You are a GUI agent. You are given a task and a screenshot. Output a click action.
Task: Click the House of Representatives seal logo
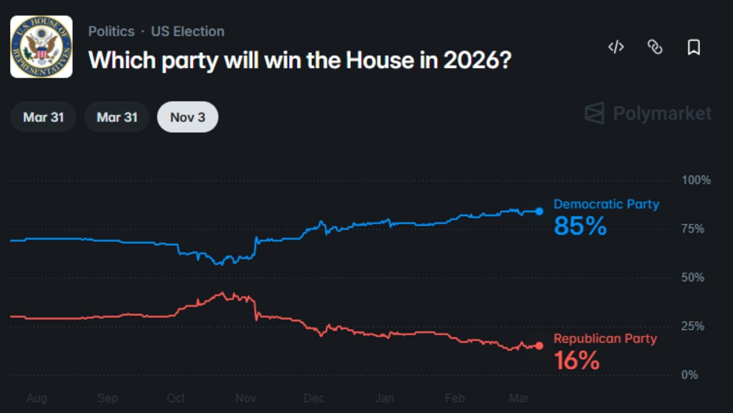pos(41,47)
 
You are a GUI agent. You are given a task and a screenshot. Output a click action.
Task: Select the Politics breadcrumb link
pos(111,31)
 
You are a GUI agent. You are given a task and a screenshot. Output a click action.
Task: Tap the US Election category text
pos(188,31)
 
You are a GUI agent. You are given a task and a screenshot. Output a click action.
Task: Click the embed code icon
pos(616,47)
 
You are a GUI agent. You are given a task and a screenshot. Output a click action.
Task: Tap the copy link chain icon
pos(655,47)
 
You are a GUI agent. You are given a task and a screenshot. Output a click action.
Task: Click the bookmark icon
pos(694,47)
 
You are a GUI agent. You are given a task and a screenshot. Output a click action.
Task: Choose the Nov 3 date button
pos(187,117)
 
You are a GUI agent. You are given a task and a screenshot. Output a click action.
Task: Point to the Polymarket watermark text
pos(662,113)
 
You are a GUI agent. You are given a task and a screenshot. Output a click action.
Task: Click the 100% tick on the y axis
pos(696,180)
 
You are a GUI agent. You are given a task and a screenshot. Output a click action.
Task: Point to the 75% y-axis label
pos(693,229)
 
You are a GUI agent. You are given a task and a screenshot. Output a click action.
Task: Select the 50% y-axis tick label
pos(693,277)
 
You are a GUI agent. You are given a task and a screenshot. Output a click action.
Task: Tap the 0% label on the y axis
pos(689,375)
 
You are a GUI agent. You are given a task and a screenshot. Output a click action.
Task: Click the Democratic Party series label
pos(606,204)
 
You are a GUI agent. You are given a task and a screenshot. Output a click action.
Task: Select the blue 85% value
pos(580,226)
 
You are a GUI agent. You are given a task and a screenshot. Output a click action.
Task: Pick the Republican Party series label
pos(605,338)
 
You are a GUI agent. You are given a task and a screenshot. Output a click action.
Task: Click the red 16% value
pos(577,360)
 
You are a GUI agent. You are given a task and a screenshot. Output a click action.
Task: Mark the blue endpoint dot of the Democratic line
pos(539,211)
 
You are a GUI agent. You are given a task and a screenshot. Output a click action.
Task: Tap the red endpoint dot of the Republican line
pos(539,346)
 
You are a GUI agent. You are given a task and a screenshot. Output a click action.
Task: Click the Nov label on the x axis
pos(246,398)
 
